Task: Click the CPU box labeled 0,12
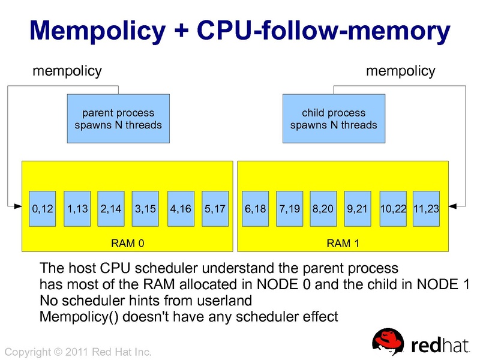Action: tap(43, 209)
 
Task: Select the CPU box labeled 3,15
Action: tap(146, 209)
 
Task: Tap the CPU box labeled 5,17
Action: tap(215, 209)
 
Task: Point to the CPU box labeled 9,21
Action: tap(358, 209)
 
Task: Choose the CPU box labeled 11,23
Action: tap(427, 209)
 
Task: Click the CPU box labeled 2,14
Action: tap(111, 209)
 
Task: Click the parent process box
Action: tap(118, 119)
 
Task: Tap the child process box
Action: tap(334, 119)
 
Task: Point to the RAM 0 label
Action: tap(128, 244)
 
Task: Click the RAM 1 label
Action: tap(343, 244)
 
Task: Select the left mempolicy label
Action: tap(67, 71)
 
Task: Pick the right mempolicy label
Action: tap(400, 71)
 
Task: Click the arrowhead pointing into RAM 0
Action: tap(18, 206)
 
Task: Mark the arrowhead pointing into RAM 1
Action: tap(453, 206)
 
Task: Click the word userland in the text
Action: tap(220, 299)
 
